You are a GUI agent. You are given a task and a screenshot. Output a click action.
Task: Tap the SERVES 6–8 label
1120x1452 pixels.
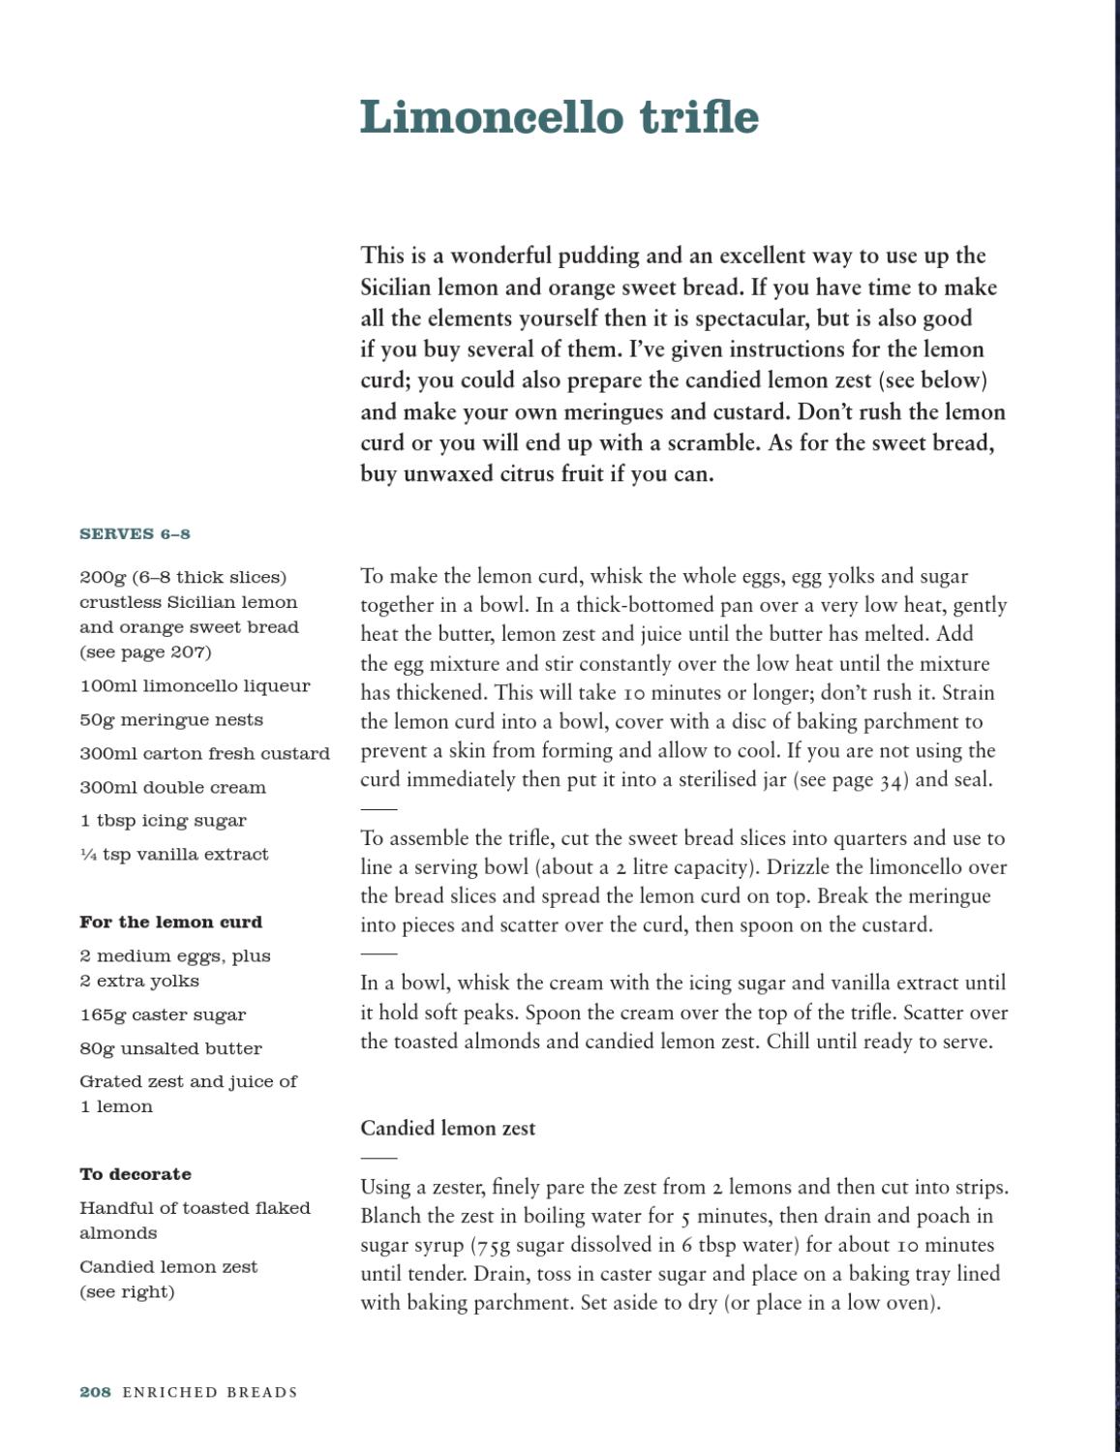pos(135,534)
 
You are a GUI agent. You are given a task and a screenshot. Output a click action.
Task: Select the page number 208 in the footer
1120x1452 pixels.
pos(95,1392)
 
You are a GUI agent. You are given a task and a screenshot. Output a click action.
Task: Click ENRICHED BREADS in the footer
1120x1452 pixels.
pos(209,1392)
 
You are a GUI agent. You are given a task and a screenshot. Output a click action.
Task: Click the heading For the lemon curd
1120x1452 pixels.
pos(170,923)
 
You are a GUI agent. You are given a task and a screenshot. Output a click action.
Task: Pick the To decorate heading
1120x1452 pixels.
pos(136,1174)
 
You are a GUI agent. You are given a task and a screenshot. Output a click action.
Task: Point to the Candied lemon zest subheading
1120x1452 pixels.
pos(447,1129)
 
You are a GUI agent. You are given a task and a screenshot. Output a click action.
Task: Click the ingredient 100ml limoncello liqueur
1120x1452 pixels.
pos(195,686)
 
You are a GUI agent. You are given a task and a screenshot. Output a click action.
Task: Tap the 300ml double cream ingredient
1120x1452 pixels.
pos(172,788)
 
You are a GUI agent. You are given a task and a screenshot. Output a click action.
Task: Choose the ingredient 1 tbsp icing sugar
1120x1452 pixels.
pos(163,821)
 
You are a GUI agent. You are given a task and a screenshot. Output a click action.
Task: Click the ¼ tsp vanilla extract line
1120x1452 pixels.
pos(174,855)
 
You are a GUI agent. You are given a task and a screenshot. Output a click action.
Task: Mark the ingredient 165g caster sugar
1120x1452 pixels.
pos(163,1015)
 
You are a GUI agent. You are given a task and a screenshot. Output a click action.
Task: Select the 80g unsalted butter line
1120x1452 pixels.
pos(170,1049)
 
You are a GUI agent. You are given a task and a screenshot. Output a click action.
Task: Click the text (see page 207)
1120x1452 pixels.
pos(145,652)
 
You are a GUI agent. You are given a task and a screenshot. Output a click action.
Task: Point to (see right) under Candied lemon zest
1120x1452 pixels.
pos(127,1292)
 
